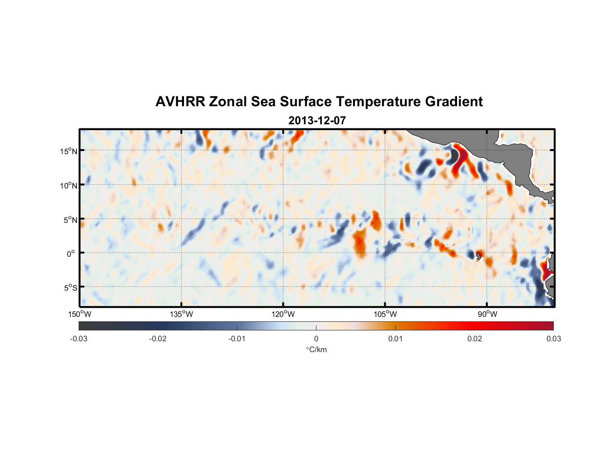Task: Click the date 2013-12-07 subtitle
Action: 317,121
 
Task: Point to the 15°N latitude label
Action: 68,151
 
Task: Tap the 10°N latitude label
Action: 68,185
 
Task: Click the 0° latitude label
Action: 71,254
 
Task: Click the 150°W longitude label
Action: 80,314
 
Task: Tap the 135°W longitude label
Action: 181,314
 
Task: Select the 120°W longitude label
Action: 283,314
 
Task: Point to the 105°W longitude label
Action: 385,314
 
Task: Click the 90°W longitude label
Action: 487,314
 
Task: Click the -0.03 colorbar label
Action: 79,339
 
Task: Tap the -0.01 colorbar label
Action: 237,339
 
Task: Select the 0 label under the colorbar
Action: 316,339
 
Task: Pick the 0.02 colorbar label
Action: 475,339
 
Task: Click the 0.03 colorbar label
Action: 553,339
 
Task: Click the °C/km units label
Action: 316,349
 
